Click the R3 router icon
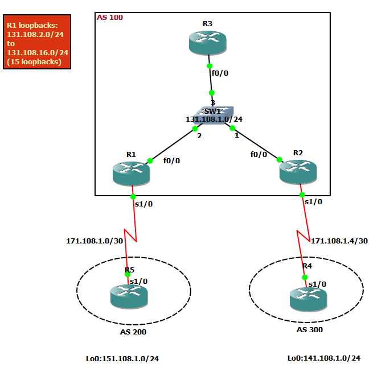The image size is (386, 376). pos(208,43)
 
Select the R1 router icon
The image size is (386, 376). pos(132,173)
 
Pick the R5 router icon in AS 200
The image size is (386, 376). pos(129,296)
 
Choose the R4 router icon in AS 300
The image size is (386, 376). pos(308,299)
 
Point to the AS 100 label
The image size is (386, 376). pos(110,18)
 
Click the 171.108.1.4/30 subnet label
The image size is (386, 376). pos(339,241)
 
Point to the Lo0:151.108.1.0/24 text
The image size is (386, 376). pos(122,359)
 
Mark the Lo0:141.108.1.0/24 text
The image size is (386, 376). pos(323,358)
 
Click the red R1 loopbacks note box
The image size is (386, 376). pos(38,42)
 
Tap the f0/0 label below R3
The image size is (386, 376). pos(220,73)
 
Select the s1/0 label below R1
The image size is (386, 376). pos(144,204)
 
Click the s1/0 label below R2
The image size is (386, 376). pos(313,201)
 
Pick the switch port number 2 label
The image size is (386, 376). pos(199,136)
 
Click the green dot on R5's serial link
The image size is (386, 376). pos(128,274)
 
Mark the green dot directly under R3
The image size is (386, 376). pos(210,66)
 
